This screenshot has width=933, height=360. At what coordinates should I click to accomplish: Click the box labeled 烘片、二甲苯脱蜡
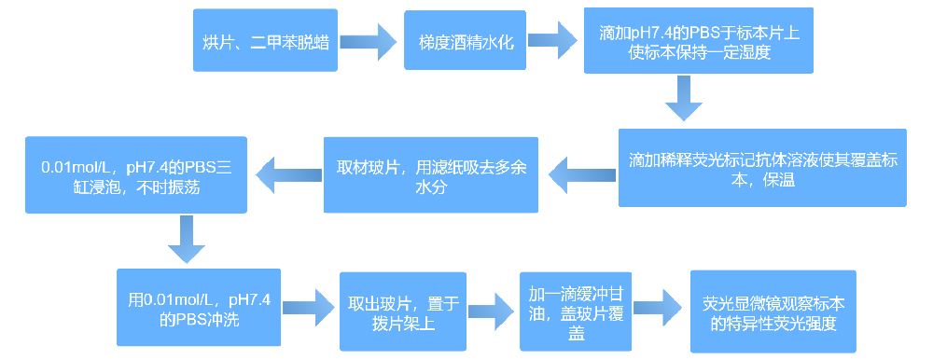pyautogui.click(x=266, y=41)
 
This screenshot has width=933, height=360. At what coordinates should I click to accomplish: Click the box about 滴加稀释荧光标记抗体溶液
pyautogui.click(x=762, y=168)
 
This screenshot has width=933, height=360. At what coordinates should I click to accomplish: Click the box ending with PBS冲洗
pyautogui.click(x=200, y=307)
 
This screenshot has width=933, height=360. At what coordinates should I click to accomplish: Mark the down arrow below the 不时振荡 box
pyautogui.click(x=185, y=241)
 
